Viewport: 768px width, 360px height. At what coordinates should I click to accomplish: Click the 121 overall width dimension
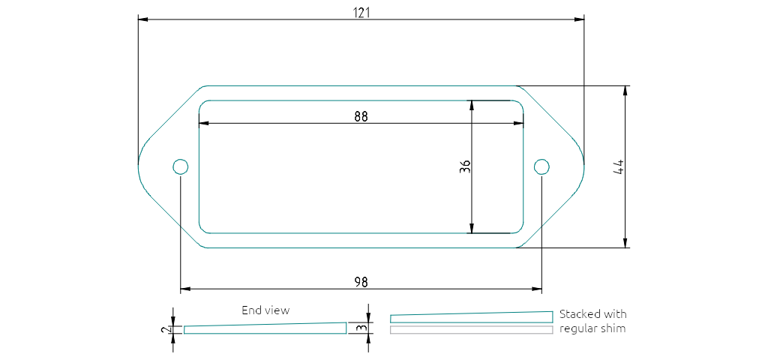click(x=361, y=13)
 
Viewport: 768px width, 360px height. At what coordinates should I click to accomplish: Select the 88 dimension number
click(x=361, y=116)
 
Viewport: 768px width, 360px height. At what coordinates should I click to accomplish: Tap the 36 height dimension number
click(x=464, y=166)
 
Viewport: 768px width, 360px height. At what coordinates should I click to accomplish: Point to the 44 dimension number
click(x=619, y=166)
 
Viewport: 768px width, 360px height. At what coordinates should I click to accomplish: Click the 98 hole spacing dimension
click(x=361, y=281)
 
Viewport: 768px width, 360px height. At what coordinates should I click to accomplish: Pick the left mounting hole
click(x=181, y=166)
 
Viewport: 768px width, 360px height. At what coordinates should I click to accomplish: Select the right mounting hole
click(x=541, y=166)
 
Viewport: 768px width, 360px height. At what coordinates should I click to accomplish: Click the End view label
click(x=265, y=310)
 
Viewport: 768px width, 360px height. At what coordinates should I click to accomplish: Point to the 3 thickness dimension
click(x=361, y=327)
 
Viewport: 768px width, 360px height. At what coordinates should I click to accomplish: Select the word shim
click(x=613, y=328)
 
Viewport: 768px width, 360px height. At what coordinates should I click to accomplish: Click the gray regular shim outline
click(x=471, y=330)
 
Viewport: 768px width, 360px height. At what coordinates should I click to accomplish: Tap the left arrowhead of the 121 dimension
click(x=142, y=20)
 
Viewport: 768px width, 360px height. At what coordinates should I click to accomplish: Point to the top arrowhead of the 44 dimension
click(x=625, y=90)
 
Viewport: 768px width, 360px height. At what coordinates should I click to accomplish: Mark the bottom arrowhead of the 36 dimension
click(x=471, y=228)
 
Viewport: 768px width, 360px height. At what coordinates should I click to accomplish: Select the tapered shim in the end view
click(x=265, y=328)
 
